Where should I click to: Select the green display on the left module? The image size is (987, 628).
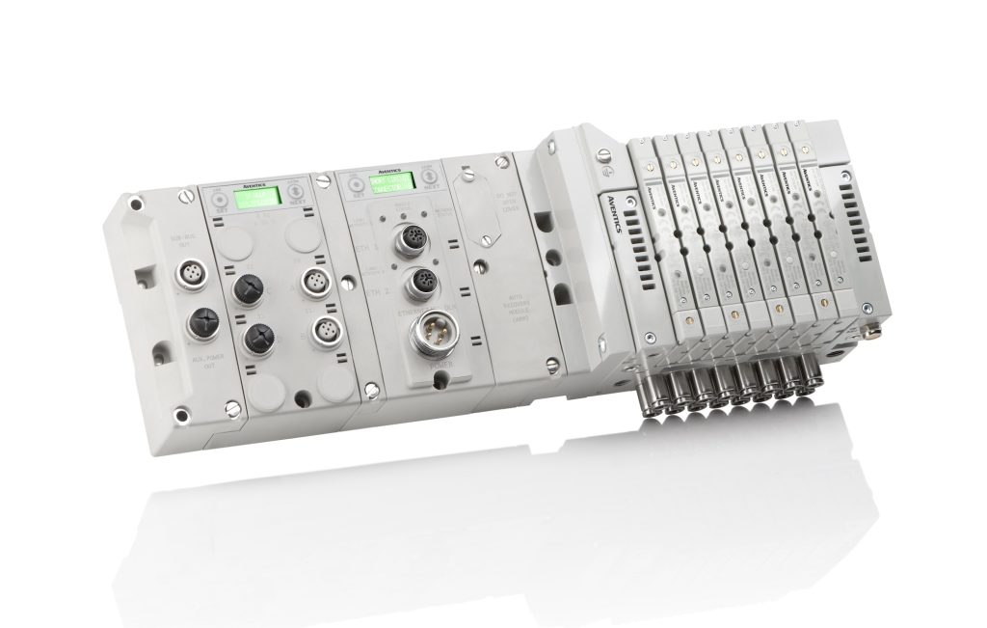click(x=257, y=197)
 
